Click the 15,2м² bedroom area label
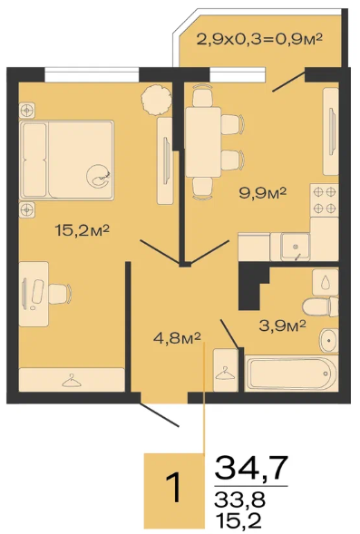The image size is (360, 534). click(82, 230)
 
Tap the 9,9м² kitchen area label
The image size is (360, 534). click(263, 193)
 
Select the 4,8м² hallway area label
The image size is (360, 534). click(177, 338)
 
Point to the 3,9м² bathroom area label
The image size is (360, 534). click(282, 325)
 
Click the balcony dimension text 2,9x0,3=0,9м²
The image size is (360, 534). click(260, 39)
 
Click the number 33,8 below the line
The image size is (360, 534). click(239, 500)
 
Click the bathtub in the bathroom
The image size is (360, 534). click(291, 374)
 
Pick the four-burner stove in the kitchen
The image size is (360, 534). click(324, 199)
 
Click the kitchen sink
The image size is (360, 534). click(295, 247)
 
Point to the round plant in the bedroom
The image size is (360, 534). click(156, 100)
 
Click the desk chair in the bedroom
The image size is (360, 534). click(60, 294)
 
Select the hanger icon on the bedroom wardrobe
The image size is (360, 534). click(72, 380)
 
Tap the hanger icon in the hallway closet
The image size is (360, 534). click(225, 373)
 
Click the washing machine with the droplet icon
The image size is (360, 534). click(326, 282)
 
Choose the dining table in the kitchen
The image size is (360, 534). click(202, 141)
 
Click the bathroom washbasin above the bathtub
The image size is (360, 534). click(328, 341)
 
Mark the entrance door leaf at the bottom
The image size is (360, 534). click(159, 415)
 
